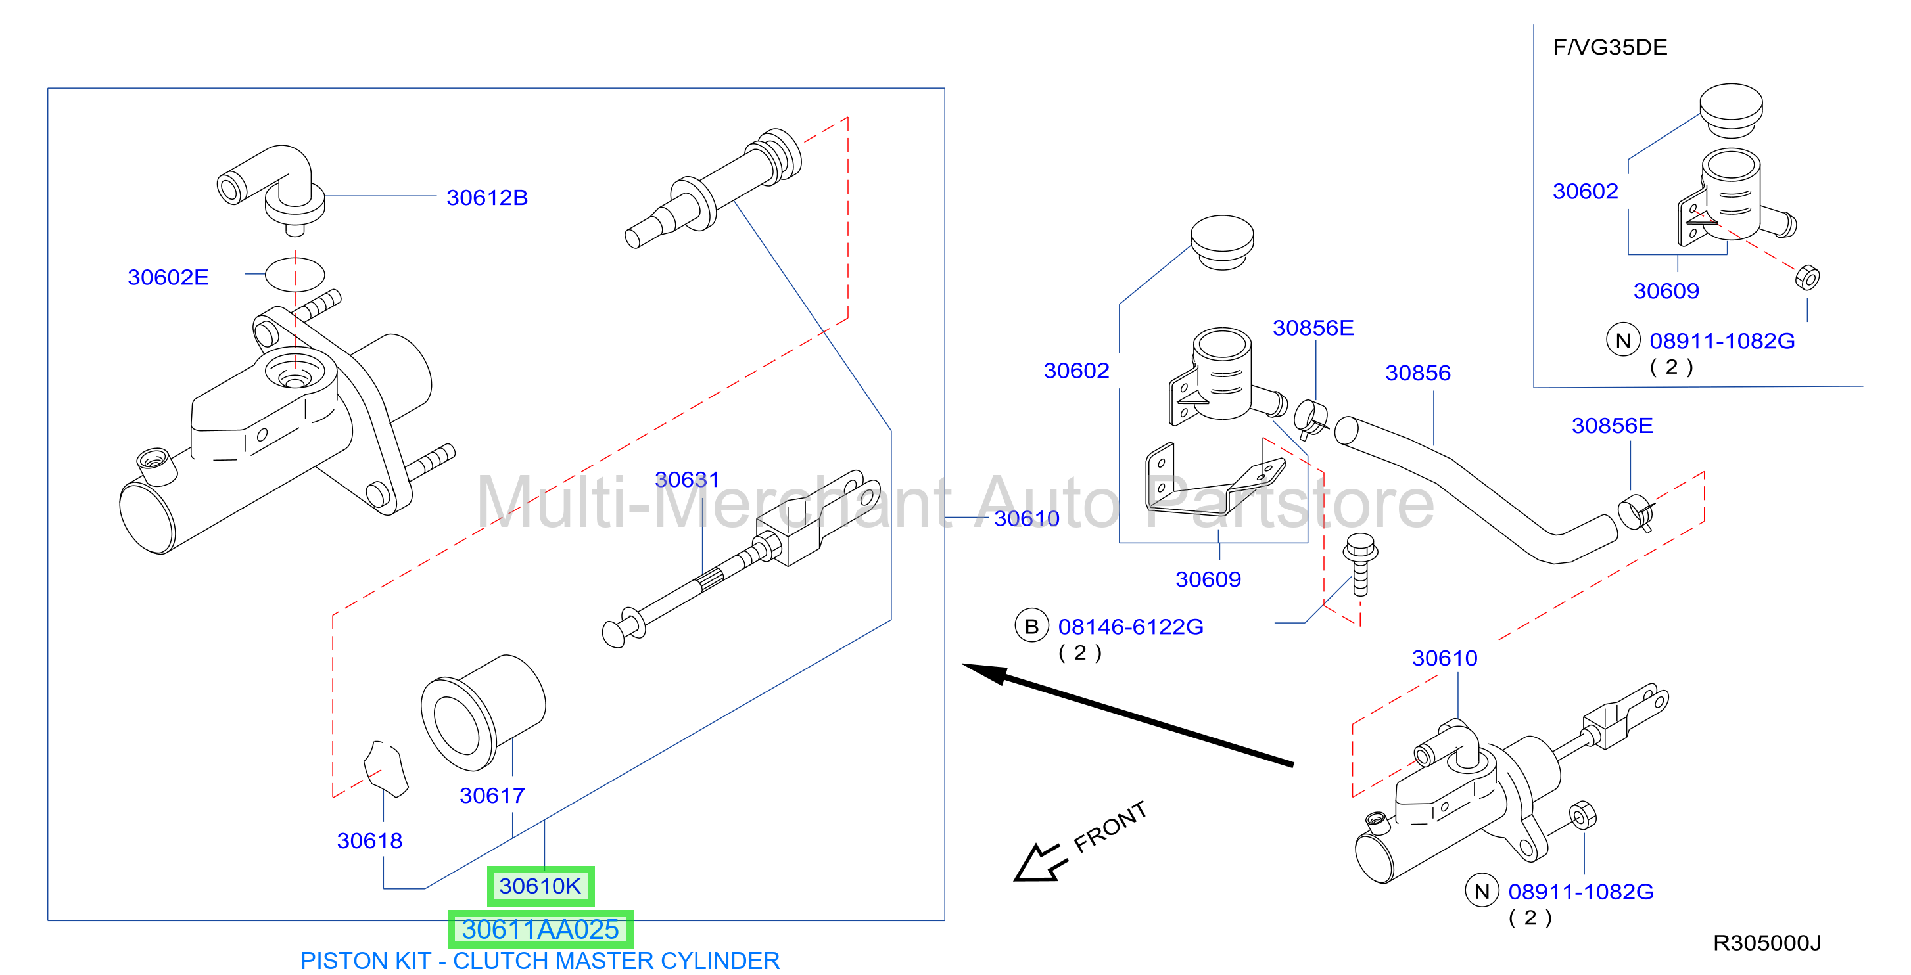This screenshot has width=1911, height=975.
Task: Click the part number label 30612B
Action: coord(486,198)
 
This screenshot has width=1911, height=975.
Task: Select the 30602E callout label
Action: coord(168,277)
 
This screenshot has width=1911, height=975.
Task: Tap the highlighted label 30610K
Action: coord(540,886)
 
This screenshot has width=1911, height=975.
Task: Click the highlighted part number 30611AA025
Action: coord(540,929)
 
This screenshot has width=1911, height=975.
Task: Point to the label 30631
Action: coord(687,480)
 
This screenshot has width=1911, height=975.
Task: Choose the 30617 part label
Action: coord(492,796)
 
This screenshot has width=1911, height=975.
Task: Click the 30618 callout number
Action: coord(369,841)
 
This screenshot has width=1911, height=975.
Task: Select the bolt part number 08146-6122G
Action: coord(1131,627)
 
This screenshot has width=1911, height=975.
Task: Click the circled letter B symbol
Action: coord(1031,627)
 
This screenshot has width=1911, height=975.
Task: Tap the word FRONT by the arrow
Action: coord(1110,827)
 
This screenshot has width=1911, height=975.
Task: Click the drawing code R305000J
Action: coord(1766,943)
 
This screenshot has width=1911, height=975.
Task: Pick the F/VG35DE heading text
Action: coord(1610,47)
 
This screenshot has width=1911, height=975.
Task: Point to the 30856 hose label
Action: coord(1418,373)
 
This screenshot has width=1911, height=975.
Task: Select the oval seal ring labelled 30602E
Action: coord(295,275)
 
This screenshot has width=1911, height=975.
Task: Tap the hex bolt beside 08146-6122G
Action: coord(1360,564)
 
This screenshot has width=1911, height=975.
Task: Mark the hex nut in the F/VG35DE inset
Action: coord(1807,277)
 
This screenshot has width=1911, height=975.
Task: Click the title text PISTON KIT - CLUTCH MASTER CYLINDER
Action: coord(540,961)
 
